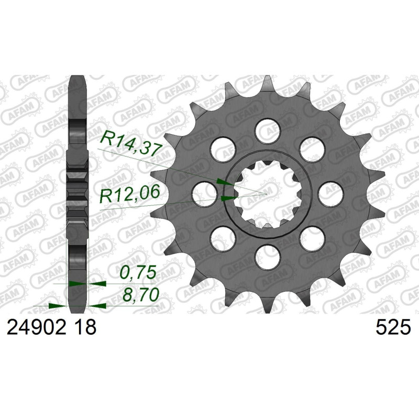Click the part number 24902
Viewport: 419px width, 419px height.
(x=36, y=328)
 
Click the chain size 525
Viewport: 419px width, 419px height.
(x=393, y=328)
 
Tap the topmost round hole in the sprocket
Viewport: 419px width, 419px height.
(x=268, y=129)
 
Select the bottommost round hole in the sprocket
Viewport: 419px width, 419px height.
(x=268, y=258)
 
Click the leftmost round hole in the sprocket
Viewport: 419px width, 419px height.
(x=203, y=194)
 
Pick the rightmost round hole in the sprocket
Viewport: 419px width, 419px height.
(x=332, y=194)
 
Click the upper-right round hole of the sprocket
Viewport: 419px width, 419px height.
(x=313, y=149)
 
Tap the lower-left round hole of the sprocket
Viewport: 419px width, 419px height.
(x=222, y=239)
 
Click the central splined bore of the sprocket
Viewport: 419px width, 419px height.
(x=268, y=194)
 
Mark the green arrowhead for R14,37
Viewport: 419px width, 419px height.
(x=223, y=182)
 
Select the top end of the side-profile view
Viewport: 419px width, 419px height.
(x=78, y=80)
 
